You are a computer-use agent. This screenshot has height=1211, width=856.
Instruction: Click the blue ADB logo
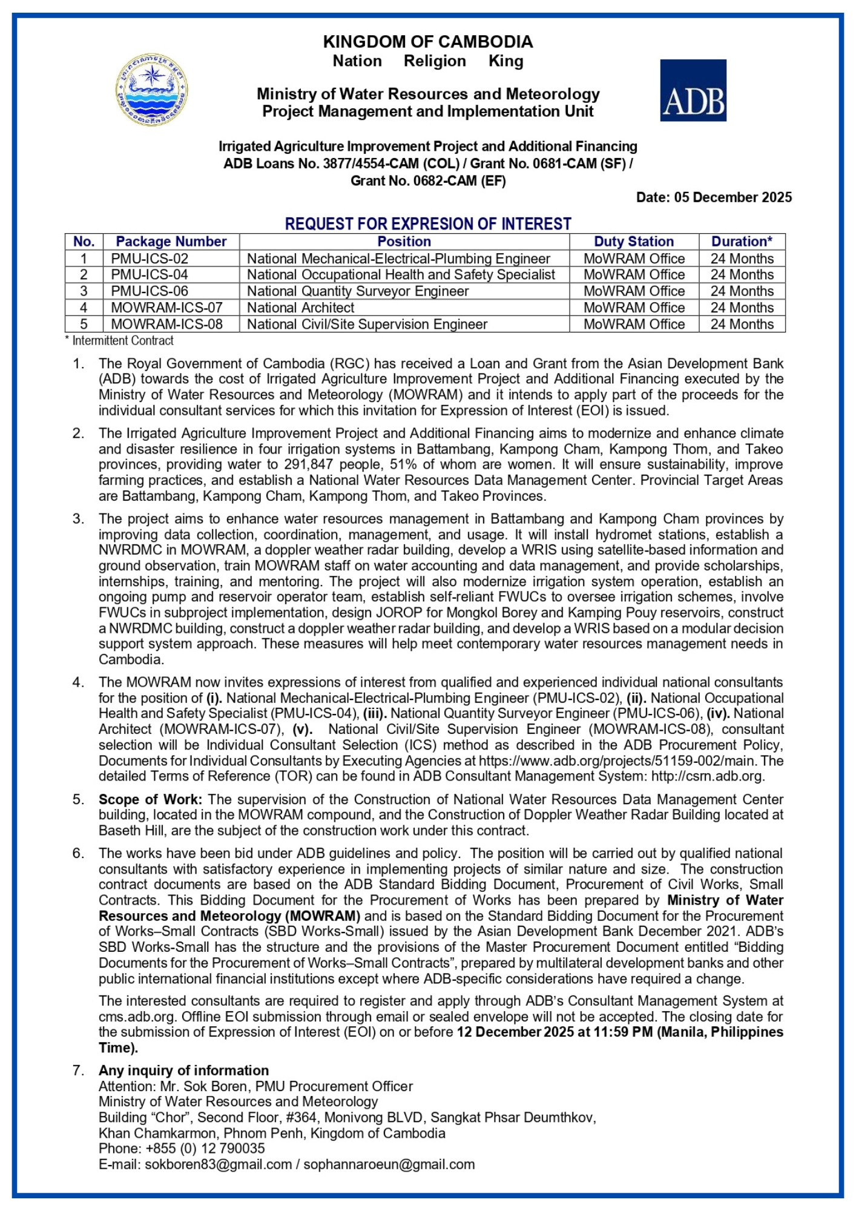(693, 90)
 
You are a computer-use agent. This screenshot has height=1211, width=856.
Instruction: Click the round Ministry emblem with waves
(151, 90)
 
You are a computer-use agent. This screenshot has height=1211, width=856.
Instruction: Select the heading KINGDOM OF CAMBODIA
(427, 42)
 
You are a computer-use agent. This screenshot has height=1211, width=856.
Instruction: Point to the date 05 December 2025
(733, 197)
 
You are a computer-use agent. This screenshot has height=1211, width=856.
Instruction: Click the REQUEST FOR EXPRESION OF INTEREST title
(427, 224)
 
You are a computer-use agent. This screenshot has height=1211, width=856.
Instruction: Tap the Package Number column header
(171, 242)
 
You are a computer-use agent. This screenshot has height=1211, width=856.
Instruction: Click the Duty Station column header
(633, 242)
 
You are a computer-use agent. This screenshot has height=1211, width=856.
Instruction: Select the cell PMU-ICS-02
(150, 259)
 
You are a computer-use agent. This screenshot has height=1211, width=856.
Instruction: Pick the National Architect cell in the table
(300, 308)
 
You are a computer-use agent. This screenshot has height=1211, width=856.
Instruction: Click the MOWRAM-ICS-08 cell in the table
(166, 325)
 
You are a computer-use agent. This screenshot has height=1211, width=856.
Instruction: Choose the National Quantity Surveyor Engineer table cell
(357, 291)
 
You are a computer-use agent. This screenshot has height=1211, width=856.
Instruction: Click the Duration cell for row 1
(742, 259)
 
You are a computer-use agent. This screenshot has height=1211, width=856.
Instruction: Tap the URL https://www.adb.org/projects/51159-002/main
(616, 761)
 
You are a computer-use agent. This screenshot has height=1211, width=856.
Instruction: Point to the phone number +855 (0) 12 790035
(205, 1149)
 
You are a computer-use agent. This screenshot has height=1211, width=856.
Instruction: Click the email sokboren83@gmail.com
(218, 1164)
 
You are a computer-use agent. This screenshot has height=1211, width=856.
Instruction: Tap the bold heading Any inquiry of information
(183, 1071)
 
